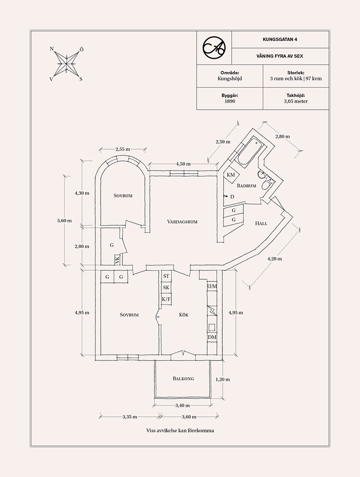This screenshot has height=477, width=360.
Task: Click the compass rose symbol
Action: point(67,64)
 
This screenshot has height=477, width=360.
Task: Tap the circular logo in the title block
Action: point(214,48)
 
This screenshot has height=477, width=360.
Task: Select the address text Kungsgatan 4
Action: point(280,39)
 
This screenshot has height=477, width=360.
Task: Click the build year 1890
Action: point(230,101)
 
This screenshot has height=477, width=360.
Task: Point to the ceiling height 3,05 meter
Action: point(296,101)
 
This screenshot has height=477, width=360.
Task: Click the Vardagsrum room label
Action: point(182,222)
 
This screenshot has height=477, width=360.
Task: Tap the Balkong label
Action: point(183,379)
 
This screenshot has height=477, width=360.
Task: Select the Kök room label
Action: point(184,315)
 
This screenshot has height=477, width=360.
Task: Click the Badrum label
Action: point(247,186)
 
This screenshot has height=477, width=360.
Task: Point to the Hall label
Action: point(261,223)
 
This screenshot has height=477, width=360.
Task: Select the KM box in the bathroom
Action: point(231,175)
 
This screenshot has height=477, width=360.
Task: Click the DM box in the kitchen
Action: point(212,337)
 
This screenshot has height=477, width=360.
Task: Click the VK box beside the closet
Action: point(117,259)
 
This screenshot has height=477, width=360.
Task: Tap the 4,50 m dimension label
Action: point(183,164)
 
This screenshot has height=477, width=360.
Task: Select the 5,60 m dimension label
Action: point(64,221)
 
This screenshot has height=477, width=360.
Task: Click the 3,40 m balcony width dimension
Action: point(182,405)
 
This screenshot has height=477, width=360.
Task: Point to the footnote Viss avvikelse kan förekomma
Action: point(180,430)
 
